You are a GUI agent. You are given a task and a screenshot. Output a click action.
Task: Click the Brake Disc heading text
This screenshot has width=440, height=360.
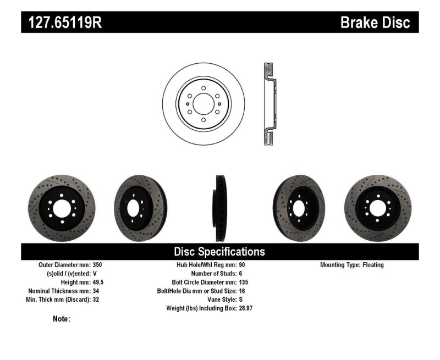click(x=376, y=23)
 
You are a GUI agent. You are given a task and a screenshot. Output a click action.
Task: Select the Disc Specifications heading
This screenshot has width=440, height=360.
click(x=219, y=252)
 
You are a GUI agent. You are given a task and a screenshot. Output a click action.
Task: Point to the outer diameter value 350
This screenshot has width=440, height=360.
click(x=97, y=265)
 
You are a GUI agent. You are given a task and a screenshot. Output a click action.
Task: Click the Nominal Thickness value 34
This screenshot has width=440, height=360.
click(x=95, y=291)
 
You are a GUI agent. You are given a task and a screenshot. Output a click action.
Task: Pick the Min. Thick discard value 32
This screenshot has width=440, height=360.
click(x=95, y=300)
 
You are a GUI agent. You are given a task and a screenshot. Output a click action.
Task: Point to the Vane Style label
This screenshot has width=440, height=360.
click(x=220, y=300)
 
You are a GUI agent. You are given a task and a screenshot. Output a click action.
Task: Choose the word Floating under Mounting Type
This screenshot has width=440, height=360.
click(x=373, y=265)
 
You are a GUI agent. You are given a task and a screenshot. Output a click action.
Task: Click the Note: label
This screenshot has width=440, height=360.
click(x=61, y=319)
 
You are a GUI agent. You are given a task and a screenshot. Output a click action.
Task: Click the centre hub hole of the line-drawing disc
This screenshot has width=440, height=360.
click(x=204, y=104)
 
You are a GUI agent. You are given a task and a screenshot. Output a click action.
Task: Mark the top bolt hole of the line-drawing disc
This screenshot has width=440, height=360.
click(x=204, y=88)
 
